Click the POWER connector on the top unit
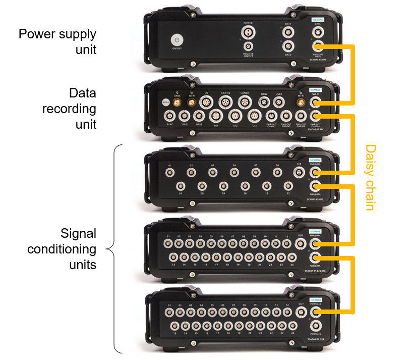(248, 33)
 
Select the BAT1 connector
(288, 32)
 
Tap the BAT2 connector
(288, 47)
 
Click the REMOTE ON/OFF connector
(248, 47)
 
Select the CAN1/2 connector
(225, 102)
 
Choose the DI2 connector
(235, 116)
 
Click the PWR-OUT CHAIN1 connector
(271, 116)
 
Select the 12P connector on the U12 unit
(299, 173)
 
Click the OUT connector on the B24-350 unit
(301, 243)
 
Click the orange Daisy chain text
(370, 177)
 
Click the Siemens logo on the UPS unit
(317, 20)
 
